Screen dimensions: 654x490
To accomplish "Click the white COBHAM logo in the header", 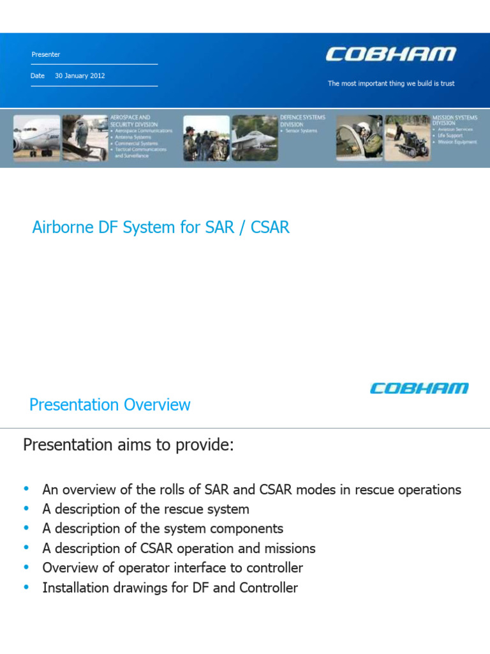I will [390, 54].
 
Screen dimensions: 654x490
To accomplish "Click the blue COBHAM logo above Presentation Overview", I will [419, 388].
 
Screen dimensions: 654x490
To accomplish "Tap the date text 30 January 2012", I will [80, 75].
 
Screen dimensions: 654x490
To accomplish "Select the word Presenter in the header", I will [46, 54].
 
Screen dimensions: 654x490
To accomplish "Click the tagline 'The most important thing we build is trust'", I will [391, 84].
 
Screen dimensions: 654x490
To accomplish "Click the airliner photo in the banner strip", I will [36, 137].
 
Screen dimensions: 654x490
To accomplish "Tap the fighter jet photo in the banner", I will [253, 137].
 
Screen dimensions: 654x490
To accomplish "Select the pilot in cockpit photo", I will [359, 137].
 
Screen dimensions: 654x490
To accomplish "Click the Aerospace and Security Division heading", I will [131, 121].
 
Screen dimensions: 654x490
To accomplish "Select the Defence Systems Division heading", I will [302, 121].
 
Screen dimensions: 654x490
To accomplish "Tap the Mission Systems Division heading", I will [454, 121].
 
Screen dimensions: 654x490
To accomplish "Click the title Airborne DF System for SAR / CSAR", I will [161, 227].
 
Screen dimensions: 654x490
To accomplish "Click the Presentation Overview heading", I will [110, 405].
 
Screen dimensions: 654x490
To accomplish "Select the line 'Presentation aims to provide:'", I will [128, 445].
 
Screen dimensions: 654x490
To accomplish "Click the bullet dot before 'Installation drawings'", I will [26, 586].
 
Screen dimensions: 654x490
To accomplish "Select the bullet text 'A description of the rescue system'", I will [145, 510].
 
